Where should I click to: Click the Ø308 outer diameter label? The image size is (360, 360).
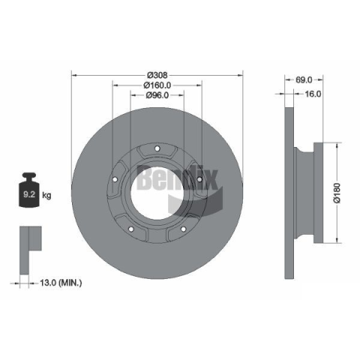coord(157,75)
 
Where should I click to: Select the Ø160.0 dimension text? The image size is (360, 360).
coord(157,85)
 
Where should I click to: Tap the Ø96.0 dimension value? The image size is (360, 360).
coord(157,95)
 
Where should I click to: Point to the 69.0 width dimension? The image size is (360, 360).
coord(304,80)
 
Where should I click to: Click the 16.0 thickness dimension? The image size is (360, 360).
coord(313,94)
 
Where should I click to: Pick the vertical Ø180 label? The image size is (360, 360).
coord(337,193)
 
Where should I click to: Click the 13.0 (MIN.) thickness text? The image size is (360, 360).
coord(61,283)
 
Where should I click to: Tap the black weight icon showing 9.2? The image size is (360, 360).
coord(29,190)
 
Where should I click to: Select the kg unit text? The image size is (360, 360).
coord(46,195)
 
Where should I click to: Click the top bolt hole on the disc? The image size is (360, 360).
coord(157,148)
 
